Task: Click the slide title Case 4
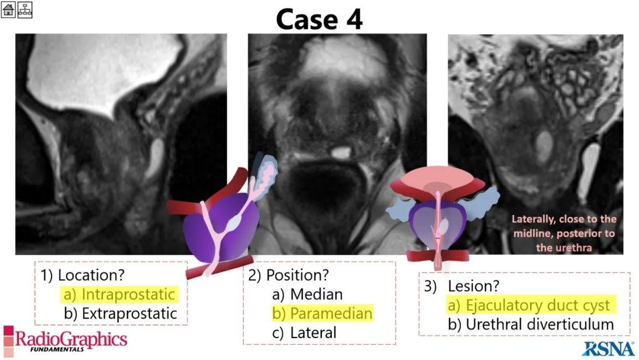[x=319, y=20]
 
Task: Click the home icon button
[x=8, y=9]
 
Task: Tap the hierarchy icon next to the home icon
[x=24, y=9]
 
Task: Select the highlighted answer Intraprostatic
[x=119, y=294]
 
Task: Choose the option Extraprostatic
[x=120, y=314]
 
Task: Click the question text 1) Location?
[x=82, y=275]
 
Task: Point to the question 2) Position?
[x=288, y=275]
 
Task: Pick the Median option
[x=308, y=294]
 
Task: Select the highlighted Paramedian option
[x=322, y=314]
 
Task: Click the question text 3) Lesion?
[x=461, y=286]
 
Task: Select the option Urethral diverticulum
[x=531, y=324]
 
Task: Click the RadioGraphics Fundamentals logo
[x=65, y=340]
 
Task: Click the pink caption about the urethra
[x=564, y=233]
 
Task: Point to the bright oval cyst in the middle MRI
[x=341, y=153]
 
